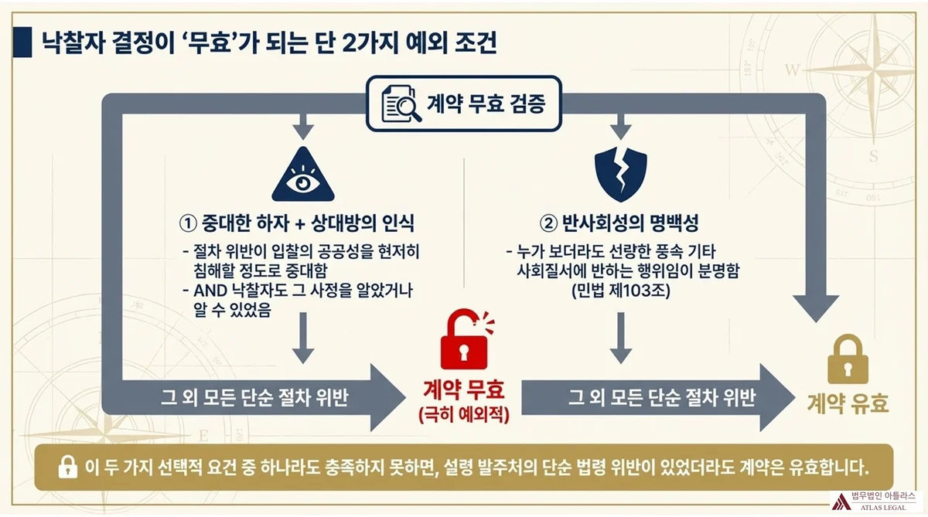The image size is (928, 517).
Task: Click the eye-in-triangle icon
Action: click(303, 176)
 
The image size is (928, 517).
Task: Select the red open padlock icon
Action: click(465, 341)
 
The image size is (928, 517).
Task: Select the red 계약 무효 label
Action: click(464, 389)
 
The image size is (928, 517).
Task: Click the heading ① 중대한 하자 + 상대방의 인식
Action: click(297, 224)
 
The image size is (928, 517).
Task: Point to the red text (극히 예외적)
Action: click(464, 415)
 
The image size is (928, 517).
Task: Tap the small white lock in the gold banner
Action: click(67, 467)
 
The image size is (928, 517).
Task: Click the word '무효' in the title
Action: click(236, 43)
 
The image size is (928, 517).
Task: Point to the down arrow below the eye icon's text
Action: click(302, 340)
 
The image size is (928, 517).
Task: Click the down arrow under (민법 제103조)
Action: click(620, 340)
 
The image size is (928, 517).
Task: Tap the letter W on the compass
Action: click(792, 70)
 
